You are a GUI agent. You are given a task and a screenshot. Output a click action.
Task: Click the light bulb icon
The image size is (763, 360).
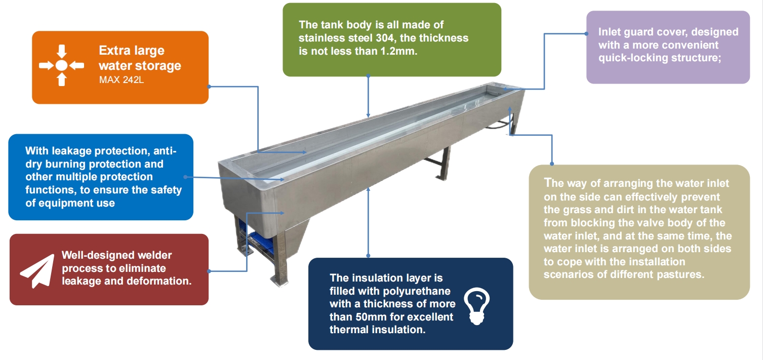tap(477, 306)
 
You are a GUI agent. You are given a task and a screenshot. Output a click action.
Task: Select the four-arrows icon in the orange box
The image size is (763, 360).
tap(61, 65)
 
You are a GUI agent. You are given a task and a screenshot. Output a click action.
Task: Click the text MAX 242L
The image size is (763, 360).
tap(122, 79)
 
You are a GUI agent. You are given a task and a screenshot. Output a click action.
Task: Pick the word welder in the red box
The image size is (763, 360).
tap(155, 255)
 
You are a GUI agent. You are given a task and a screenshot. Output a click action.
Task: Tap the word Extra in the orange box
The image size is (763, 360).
tap(111, 51)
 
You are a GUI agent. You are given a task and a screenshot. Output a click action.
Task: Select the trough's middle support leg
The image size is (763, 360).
tap(444, 164)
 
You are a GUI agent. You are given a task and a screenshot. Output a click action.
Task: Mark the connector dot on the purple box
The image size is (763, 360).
tap(586, 34)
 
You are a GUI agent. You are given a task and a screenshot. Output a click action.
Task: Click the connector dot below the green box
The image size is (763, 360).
tap(368, 76)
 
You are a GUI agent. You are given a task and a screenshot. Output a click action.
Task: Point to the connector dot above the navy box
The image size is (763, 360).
tap(368, 255)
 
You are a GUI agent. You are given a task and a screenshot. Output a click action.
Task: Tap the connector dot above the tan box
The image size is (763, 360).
tap(552, 164)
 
